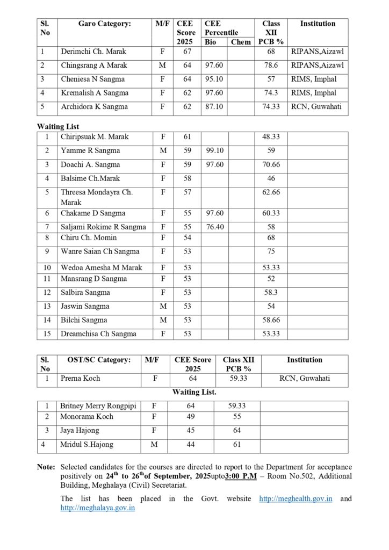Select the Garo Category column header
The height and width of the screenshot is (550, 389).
pos(104,24)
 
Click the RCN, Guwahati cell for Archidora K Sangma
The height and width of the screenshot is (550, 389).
pos(316,107)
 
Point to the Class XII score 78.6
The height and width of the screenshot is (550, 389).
pos(271,66)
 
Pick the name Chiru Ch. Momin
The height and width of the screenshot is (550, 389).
pos(89,238)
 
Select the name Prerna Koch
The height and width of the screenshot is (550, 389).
pos(81,379)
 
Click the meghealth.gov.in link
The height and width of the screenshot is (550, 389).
pos(296,499)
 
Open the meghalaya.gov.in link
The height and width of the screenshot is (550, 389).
pos(98,508)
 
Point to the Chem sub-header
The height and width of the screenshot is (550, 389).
pos(241,42)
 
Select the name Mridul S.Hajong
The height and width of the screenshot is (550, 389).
pos(87,445)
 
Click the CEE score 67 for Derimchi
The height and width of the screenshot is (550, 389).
pos(187,52)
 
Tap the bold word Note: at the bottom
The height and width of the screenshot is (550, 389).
pos(46,467)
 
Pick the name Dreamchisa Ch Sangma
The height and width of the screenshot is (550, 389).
pos(98,334)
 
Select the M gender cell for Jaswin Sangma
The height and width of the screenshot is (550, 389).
pos(163,306)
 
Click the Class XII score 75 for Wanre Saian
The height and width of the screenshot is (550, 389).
pos(271,251)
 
